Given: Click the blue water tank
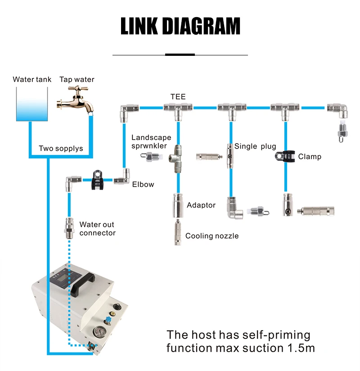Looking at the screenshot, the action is point(32,104).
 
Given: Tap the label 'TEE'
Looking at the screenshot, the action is point(178,96).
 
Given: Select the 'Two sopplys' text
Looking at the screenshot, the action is point(61,148).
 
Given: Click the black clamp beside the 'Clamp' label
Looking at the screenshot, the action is point(285,156).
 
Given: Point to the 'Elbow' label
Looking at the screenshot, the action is point(143,184).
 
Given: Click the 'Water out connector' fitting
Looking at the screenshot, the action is point(69,228).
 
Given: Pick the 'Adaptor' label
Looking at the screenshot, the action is point(201,205).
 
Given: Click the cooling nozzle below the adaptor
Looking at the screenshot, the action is point(178,232).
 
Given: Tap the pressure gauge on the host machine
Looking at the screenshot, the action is point(99,332).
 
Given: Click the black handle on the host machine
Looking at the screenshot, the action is point(82,284).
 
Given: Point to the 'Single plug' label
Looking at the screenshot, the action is point(255,146).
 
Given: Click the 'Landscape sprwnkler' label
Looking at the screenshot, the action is point(151,141).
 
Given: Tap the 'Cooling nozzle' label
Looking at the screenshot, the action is point(212,236).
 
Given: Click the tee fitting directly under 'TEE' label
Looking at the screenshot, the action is point(178,111).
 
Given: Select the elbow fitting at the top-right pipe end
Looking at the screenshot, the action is point(338,110).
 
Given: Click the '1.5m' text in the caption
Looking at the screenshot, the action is point(301,348).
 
